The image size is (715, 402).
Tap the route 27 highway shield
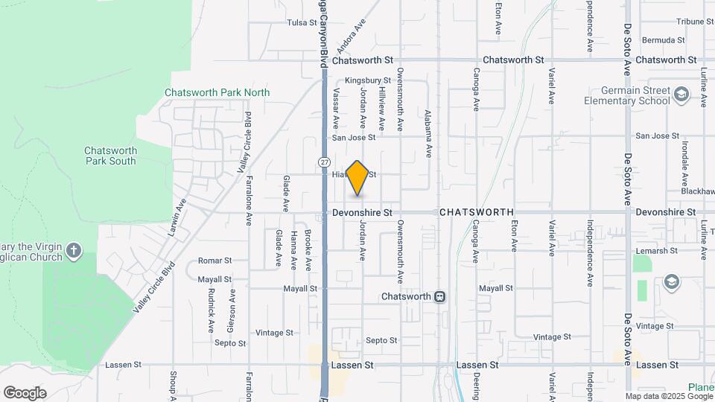tap(324, 162)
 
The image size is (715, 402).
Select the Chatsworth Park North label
tap(217, 92)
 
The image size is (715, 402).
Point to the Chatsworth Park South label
tap(110, 155)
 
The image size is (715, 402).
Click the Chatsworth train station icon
tap(440, 296)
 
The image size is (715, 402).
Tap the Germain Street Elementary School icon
tap(681, 95)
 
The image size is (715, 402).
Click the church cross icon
tap(74, 249)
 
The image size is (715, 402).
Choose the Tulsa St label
tap(302, 22)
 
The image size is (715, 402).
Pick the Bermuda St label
tap(664, 39)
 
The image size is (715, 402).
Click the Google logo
tap(25, 393)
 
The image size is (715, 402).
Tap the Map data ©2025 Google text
tap(668, 396)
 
